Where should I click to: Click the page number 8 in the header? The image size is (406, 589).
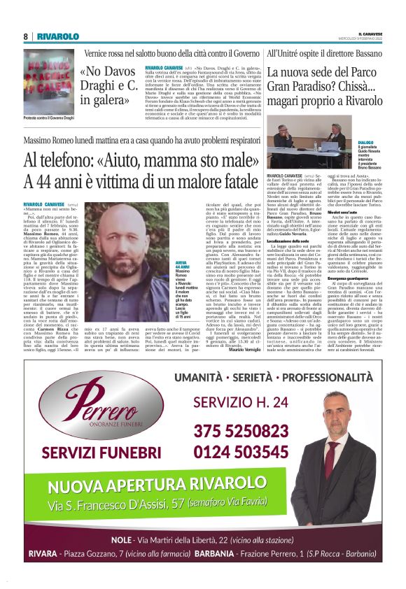[x=26, y=36]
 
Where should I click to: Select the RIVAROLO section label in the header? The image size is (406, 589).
[x=57, y=36]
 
